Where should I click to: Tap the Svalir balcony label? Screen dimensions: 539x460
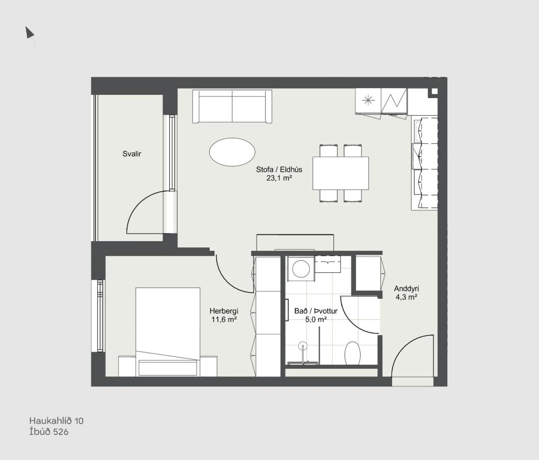[132, 154]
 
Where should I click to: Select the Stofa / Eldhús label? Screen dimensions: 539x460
[279, 169]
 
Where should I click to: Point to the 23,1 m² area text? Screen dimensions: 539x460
[279, 178]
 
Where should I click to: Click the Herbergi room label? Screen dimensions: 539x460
[224, 311]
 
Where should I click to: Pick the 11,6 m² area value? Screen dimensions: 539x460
[224, 319]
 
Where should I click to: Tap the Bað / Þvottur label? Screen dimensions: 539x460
[316, 311]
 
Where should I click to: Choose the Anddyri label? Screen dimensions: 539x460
[406, 289]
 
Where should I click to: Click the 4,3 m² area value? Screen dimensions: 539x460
[406, 297]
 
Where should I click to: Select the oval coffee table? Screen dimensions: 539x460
[232, 152]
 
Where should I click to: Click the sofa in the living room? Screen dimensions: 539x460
[233, 106]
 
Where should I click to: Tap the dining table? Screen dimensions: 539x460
[341, 173]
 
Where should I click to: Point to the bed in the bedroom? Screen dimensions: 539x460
[168, 332]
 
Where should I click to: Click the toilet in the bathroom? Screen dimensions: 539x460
[352, 352]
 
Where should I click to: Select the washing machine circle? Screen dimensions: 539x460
[301, 269]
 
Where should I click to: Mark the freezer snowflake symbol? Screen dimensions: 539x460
[368, 100]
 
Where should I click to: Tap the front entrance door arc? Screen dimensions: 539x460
[406, 346]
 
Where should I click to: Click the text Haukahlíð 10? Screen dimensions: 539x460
[57, 421]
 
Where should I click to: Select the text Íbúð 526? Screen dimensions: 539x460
[49, 432]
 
